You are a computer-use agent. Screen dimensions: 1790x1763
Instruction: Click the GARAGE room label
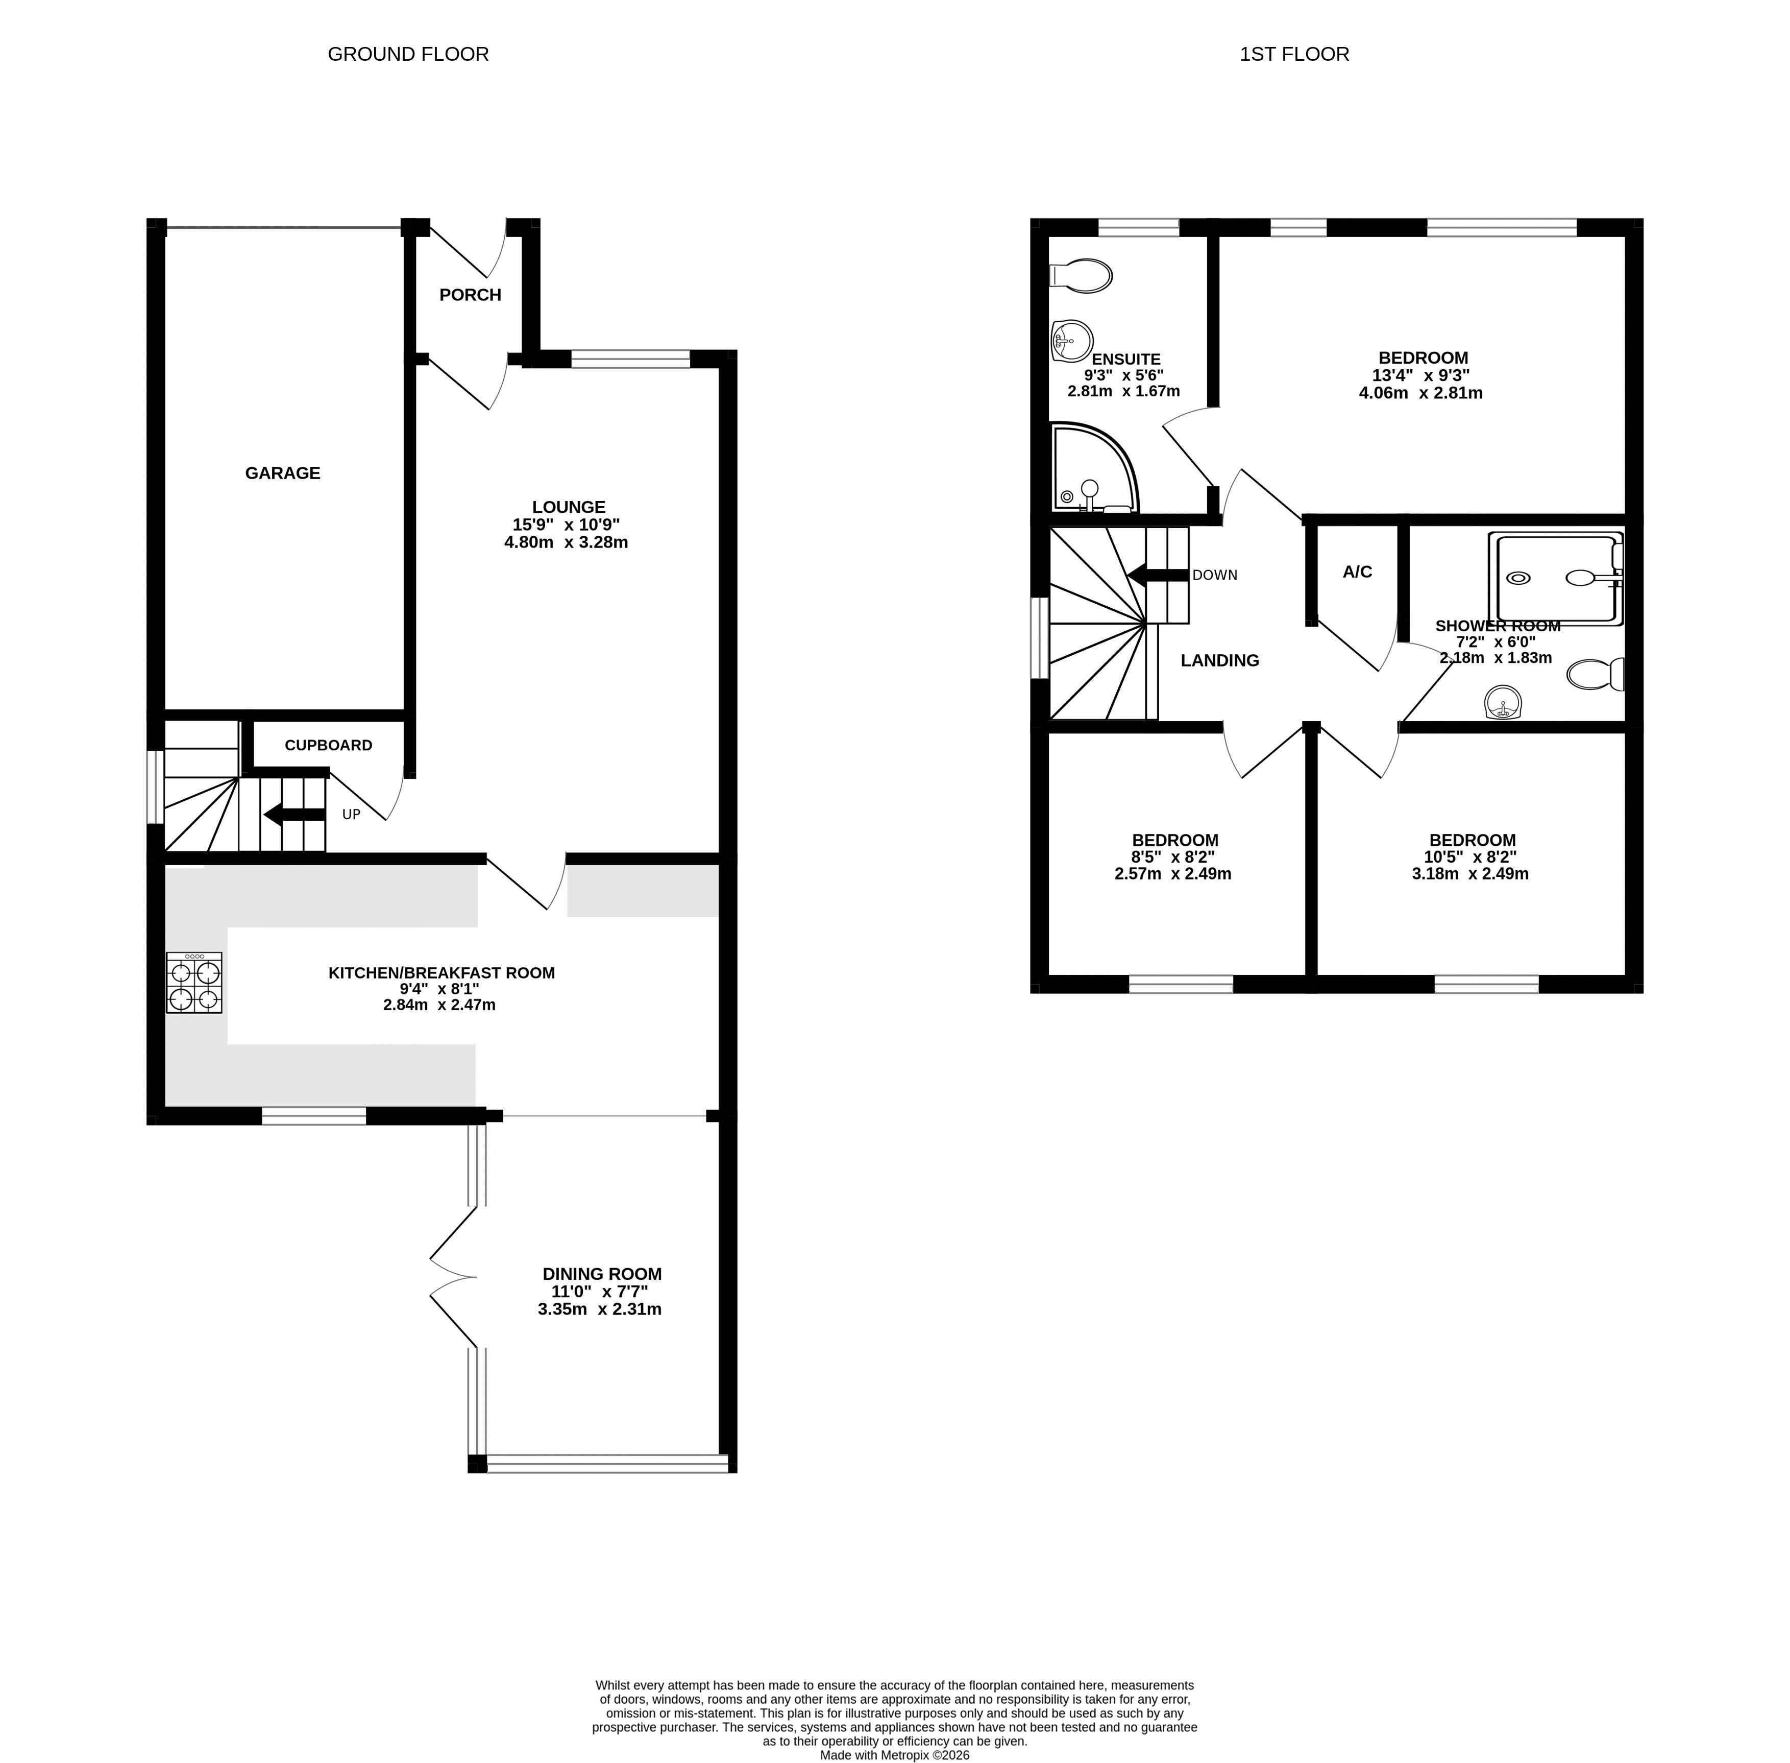[x=282, y=473]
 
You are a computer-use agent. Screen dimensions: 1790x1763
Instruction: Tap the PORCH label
[x=470, y=295]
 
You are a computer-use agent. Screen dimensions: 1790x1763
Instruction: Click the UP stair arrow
[x=295, y=815]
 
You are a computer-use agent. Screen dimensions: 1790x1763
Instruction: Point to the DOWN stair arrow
[x=1158, y=575]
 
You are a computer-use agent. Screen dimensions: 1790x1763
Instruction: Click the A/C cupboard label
[x=1357, y=572]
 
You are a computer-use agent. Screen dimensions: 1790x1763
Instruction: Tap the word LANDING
[x=1220, y=660]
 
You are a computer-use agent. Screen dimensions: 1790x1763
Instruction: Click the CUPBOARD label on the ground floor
[x=329, y=745]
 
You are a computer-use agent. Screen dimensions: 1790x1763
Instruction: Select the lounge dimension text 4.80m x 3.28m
[x=567, y=542]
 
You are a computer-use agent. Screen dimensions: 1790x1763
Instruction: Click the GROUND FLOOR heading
[x=408, y=54]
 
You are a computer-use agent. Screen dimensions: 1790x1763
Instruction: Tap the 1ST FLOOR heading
[x=1294, y=54]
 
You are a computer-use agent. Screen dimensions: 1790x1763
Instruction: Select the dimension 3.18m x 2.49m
[x=1470, y=874]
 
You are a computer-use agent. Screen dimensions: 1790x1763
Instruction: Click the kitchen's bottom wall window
[x=314, y=1116]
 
